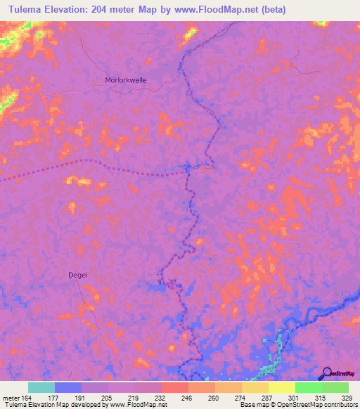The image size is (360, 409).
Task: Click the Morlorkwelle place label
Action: tap(126, 80)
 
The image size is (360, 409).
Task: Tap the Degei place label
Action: tap(78, 275)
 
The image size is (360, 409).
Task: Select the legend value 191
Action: tap(81, 397)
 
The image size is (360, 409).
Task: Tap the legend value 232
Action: tap(160, 397)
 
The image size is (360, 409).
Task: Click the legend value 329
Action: tap(347, 397)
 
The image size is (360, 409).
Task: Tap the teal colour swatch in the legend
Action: tap(41, 387)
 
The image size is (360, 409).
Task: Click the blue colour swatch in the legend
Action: tap(68, 387)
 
